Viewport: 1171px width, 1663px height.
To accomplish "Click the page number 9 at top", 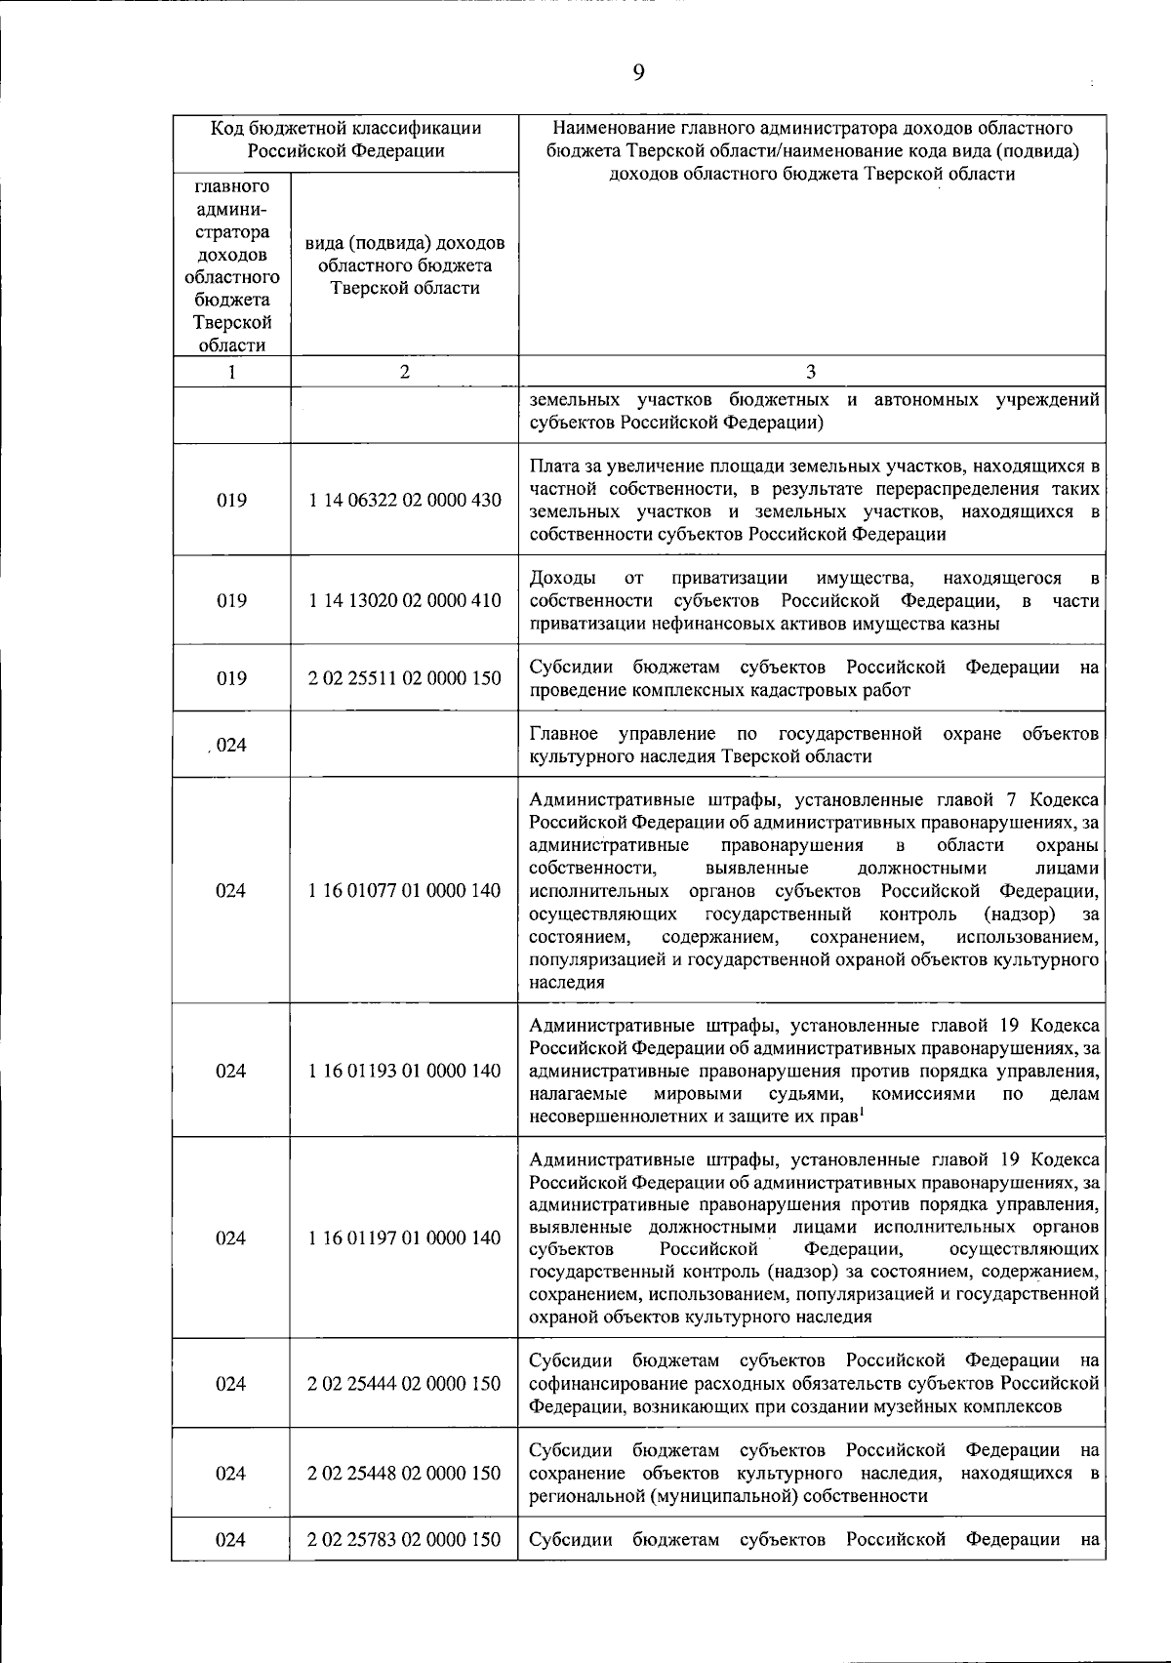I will pyautogui.click(x=637, y=72).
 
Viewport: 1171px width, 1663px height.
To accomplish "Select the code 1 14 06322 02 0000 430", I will pyautogui.click(x=404, y=500).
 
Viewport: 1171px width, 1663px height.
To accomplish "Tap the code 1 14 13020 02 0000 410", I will pyautogui.click(x=404, y=600).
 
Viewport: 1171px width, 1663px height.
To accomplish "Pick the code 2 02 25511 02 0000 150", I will pyautogui.click(x=404, y=678).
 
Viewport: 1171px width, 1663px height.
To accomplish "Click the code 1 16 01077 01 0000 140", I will pyautogui.click(x=404, y=890).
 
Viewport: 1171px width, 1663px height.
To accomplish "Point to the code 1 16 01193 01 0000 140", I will pyautogui.click(x=404, y=1071).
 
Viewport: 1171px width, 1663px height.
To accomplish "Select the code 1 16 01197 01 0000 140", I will pyautogui.click(x=404, y=1237).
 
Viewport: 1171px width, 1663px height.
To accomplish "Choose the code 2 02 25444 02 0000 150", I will pyautogui.click(x=404, y=1383).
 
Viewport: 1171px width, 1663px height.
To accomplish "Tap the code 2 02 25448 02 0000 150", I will pyautogui.click(x=404, y=1473).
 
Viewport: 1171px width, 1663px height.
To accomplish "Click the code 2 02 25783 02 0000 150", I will pyautogui.click(x=404, y=1539).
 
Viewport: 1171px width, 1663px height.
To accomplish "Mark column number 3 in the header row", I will pyautogui.click(x=811, y=371).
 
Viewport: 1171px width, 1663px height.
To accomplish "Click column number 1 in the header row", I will pyautogui.click(x=231, y=371).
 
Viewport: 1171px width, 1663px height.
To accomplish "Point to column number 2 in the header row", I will pyautogui.click(x=404, y=371).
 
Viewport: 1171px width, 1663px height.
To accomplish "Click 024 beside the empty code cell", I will pyautogui.click(x=231, y=745).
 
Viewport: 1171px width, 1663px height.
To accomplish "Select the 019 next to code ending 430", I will pyautogui.click(x=231, y=500).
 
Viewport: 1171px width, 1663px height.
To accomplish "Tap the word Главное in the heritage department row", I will pyautogui.click(x=566, y=733).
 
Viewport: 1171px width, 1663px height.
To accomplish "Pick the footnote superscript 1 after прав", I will pyautogui.click(x=863, y=1112).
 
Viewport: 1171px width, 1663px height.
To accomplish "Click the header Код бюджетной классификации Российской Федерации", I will pyautogui.click(x=345, y=140).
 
